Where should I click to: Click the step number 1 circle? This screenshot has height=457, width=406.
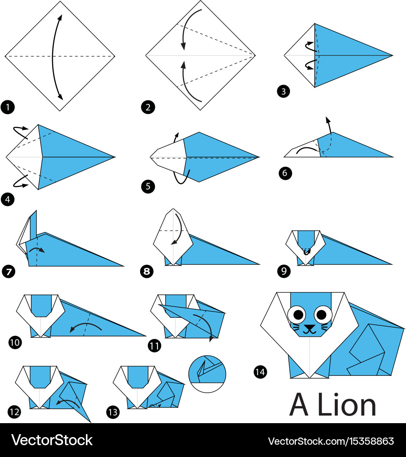click(x=8, y=107)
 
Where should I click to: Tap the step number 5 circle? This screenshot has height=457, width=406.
click(x=148, y=186)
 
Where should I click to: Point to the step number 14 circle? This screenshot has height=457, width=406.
click(x=260, y=372)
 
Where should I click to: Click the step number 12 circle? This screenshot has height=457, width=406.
click(x=14, y=411)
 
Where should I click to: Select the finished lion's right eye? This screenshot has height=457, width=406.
click(x=323, y=314)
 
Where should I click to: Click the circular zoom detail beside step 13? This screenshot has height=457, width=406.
click(x=207, y=374)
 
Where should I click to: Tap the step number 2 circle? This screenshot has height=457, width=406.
click(x=148, y=107)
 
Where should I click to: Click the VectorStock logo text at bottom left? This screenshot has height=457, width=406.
click(x=52, y=440)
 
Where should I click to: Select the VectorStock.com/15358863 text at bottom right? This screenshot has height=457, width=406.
click(x=331, y=441)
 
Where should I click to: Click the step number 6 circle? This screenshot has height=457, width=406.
click(x=285, y=173)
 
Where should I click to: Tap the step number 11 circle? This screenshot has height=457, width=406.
click(x=154, y=346)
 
